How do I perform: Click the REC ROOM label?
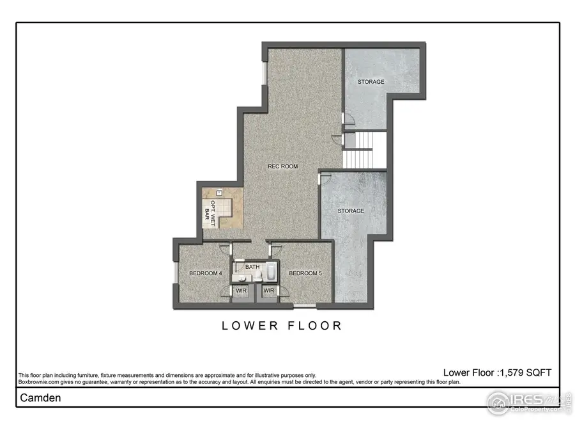pos(282,166)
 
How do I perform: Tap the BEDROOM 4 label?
pos(205,274)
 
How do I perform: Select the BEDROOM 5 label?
pos(304,274)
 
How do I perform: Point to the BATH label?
pos(252,267)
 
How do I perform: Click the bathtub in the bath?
pos(270,273)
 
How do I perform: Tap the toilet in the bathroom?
pos(259,276)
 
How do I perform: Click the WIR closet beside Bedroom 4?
pos(241,291)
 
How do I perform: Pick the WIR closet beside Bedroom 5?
pos(269,291)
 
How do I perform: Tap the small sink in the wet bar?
pos(218,192)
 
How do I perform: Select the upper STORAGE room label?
pos(371,82)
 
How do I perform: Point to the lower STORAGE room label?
pos(351,211)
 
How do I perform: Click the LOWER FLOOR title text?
pos(282,326)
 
